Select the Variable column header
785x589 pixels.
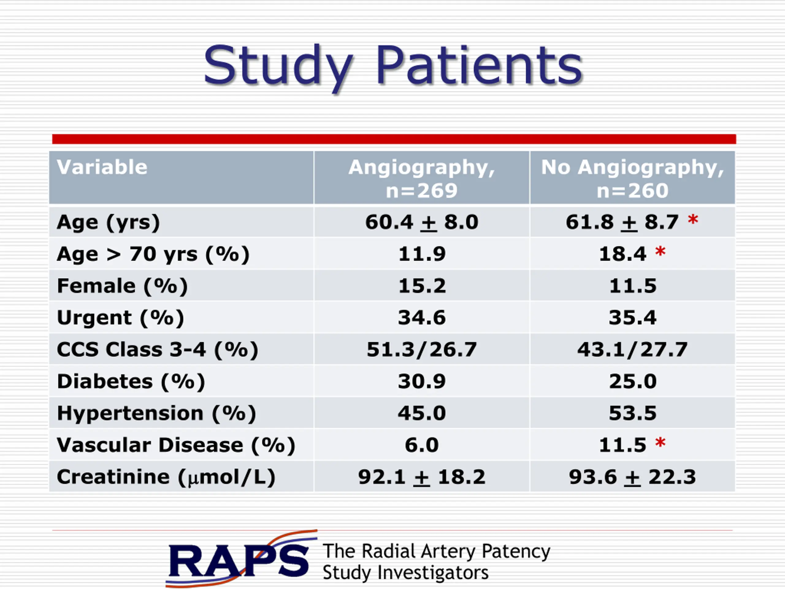click(x=102, y=167)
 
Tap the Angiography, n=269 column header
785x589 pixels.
click(x=422, y=179)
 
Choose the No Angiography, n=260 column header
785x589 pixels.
click(x=632, y=179)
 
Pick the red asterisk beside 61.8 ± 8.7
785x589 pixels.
click(x=693, y=219)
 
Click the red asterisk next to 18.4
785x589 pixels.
click(x=660, y=251)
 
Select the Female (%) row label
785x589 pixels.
click(x=122, y=286)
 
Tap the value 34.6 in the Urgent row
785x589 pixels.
click(x=422, y=318)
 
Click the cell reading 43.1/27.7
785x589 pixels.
click(x=632, y=349)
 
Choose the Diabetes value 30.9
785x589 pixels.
click(x=422, y=381)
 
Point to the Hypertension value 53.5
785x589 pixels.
click(x=632, y=413)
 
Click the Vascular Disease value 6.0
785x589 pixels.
click(x=422, y=445)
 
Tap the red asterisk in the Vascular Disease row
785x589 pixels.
click(x=660, y=442)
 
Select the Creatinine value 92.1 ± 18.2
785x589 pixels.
click(x=422, y=476)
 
